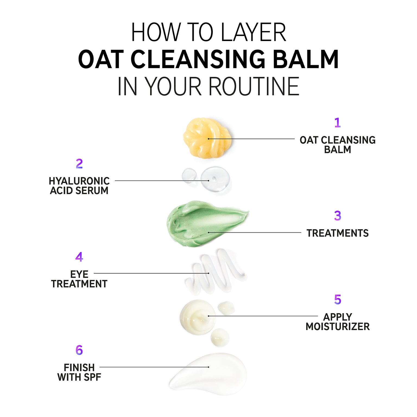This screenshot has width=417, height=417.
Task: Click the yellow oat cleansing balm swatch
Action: (x=207, y=138)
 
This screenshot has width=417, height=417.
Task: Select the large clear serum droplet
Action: (x=215, y=179)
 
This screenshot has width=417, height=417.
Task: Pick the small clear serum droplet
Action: (x=189, y=175)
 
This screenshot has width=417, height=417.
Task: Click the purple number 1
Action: (x=337, y=122)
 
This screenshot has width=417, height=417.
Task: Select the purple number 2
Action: (x=79, y=164)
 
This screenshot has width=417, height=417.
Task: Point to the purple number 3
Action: (x=337, y=216)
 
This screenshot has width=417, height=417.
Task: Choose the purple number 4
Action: (x=79, y=257)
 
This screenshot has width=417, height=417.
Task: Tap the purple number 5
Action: (x=337, y=299)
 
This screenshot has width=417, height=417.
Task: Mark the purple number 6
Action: (x=79, y=350)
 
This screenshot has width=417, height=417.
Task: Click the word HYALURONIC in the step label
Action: (x=79, y=181)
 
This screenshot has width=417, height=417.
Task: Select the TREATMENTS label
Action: (x=338, y=233)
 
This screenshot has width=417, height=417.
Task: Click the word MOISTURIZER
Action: (x=338, y=327)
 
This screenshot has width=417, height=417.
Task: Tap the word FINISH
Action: (x=79, y=368)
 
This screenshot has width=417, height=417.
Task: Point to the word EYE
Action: (x=79, y=274)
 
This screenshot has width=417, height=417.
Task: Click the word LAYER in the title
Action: (x=253, y=32)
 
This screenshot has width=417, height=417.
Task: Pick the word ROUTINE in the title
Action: (x=254, y=86)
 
